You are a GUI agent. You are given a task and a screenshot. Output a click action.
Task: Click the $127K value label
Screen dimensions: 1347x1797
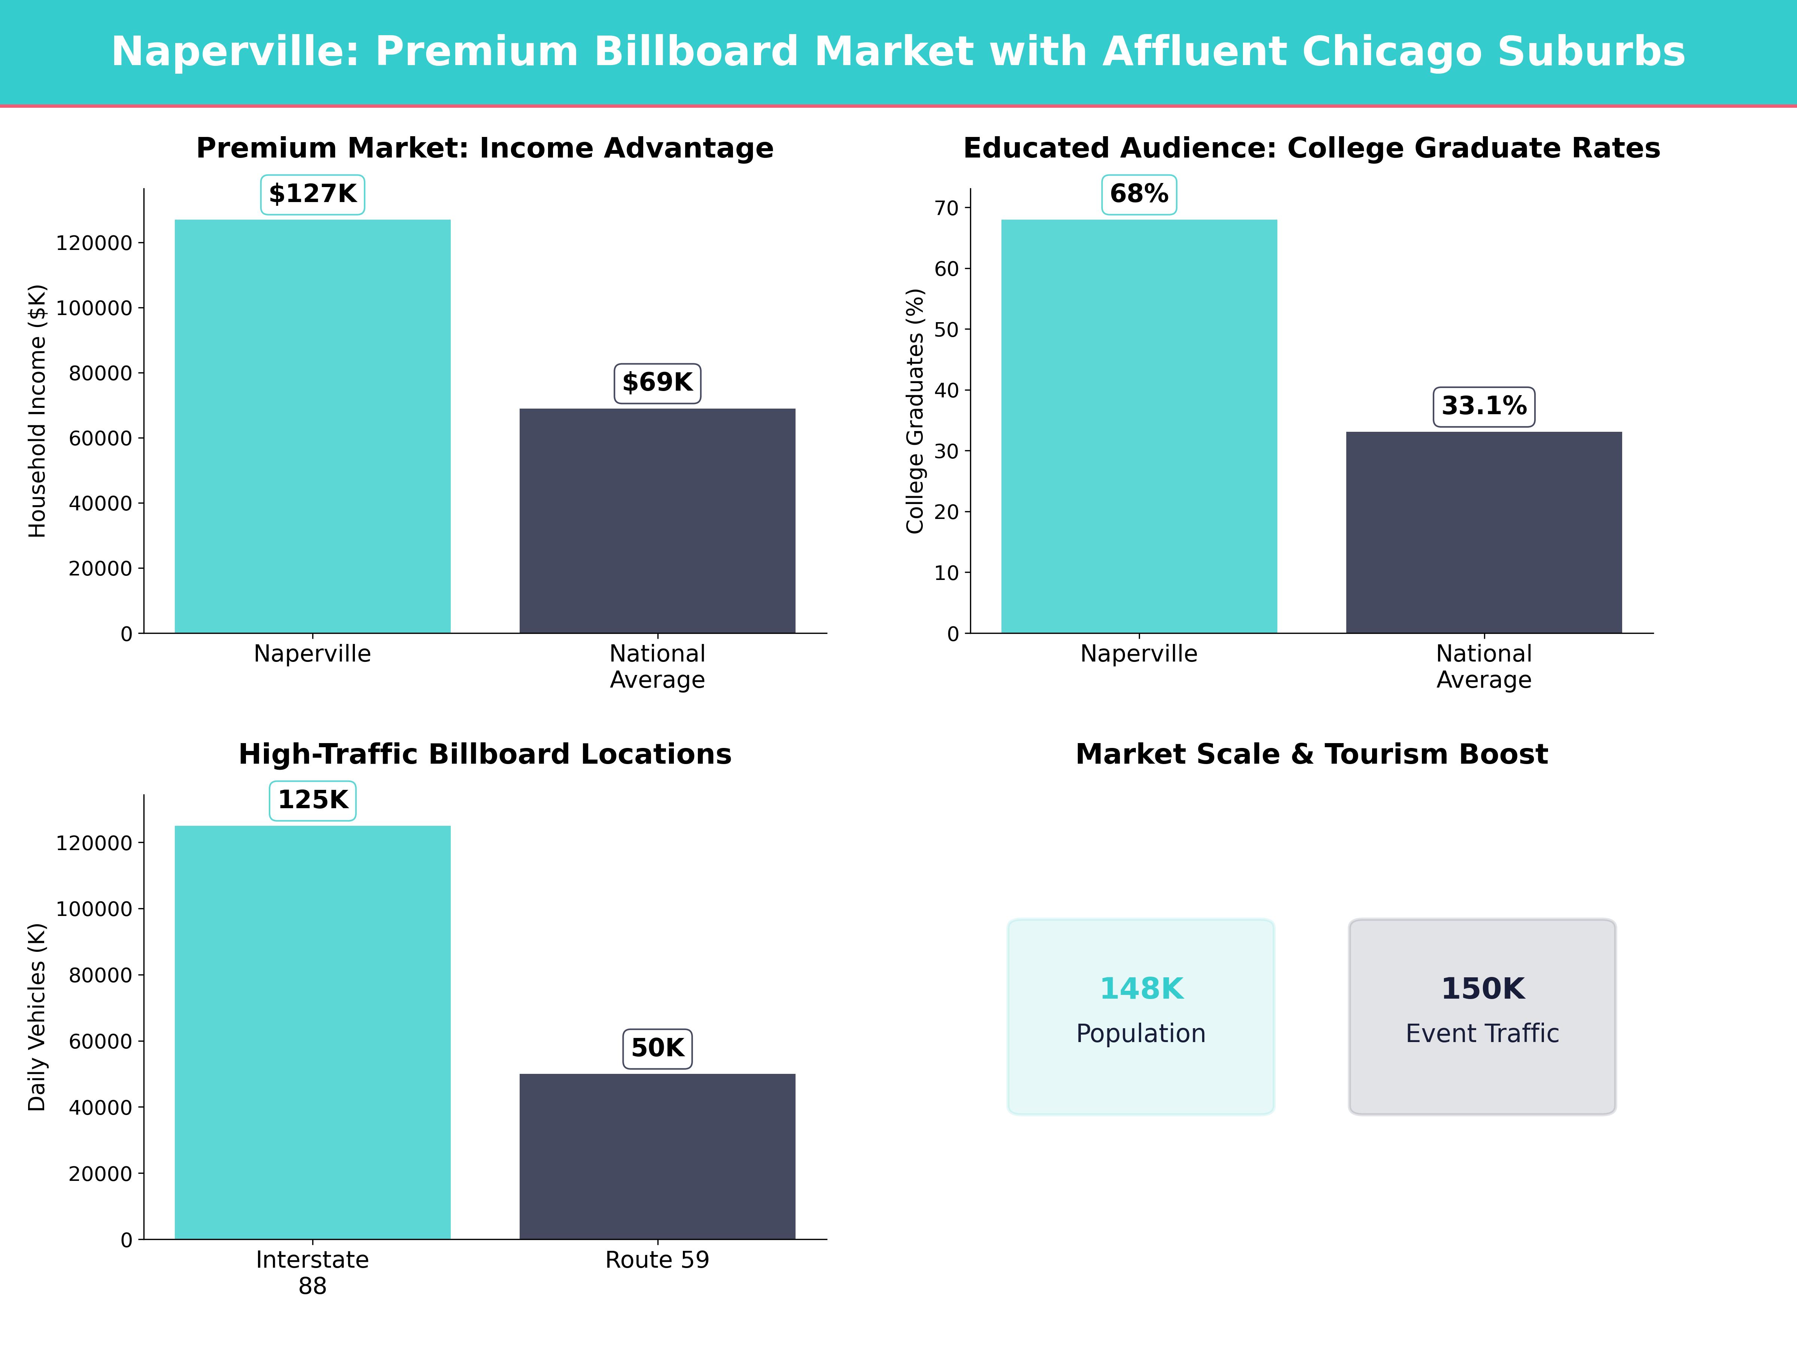coord(313,194)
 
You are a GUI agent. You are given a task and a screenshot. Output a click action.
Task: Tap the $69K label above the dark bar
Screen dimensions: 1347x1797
coord(657,382)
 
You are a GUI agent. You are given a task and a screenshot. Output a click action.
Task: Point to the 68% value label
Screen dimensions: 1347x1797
coord(1139,194)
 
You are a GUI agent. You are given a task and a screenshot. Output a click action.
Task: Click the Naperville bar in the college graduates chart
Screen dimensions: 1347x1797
coord(1139,426)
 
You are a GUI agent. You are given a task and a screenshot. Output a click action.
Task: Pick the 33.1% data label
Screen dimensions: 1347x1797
coord(1483,406)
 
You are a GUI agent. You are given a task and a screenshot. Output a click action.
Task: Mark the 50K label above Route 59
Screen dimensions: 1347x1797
coord(657,1048)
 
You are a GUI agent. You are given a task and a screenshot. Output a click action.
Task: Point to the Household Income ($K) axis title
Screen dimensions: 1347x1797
coord(37,411)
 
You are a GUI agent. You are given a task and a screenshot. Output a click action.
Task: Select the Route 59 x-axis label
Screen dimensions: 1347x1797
coord(657,1260)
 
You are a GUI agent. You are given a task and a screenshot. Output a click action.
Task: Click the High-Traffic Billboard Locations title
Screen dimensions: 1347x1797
coord(485,754)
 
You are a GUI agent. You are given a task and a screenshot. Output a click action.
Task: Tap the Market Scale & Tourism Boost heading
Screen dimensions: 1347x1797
coord(1311,754)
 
